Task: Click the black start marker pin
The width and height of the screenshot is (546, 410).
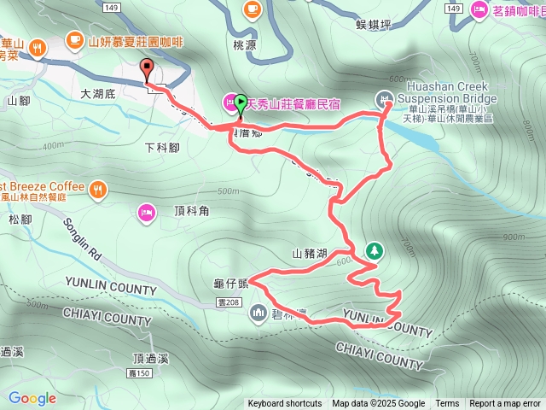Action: coord(146,71)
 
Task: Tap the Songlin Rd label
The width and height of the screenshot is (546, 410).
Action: coord(83,239)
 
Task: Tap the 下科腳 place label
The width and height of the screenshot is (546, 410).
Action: coord(162,148)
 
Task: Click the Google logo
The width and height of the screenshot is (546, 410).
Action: coord(32,398)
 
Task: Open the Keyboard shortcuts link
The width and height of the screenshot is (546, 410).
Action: coord(285,404)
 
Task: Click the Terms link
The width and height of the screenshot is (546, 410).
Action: coord(447,404)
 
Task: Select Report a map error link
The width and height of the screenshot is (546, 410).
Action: coord(505,404)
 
